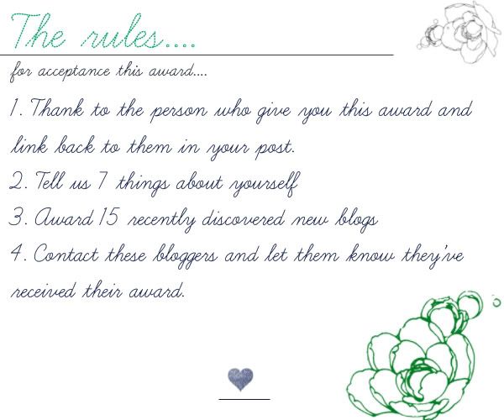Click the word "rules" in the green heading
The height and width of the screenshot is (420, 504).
[x=122, y=32]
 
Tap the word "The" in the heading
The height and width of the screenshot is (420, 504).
[x=38, y=31]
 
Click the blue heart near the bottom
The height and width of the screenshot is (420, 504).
[x=240, y=379]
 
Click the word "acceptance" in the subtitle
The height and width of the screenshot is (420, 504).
[x=74, y=71]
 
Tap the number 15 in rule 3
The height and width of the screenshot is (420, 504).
[x=109, y=217]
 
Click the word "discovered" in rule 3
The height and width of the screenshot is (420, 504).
[x=244, y=218]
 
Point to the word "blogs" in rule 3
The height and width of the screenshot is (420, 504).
[x=357, y=220]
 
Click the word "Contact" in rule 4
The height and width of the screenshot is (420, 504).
[x=66, y=254]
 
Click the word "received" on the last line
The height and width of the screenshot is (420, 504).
[x=44, y=291]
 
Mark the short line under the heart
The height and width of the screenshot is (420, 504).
[x=244, y=400]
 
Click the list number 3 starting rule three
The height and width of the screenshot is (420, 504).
[x=15, y=217]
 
